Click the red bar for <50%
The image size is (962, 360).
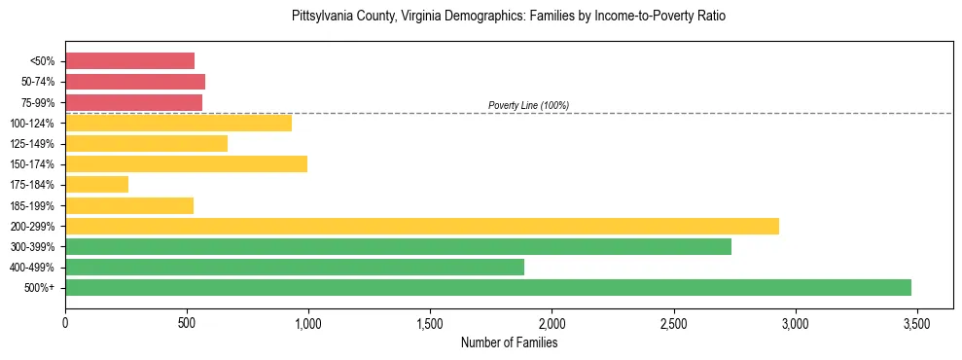[129, 61]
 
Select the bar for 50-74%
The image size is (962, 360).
[135, 82]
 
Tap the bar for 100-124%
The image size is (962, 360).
[178, 123]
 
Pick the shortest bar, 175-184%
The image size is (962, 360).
[96, 184]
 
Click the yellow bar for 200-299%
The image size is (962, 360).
[421, 226]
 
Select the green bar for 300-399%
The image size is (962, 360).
[398, 246]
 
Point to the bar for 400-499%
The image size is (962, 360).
[294, 267]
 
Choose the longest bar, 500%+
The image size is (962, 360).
[487, 287]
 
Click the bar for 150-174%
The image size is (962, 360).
[186, 163]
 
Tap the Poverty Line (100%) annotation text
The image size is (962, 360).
[528, 105]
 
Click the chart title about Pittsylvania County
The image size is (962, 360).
[509, 17]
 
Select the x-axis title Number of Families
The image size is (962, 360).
[509, 342]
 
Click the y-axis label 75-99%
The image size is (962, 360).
[37, 102]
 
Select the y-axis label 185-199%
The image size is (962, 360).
[33, 205]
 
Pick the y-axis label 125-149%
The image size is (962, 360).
[33, 144]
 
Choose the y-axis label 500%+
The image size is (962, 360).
[40, 288]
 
